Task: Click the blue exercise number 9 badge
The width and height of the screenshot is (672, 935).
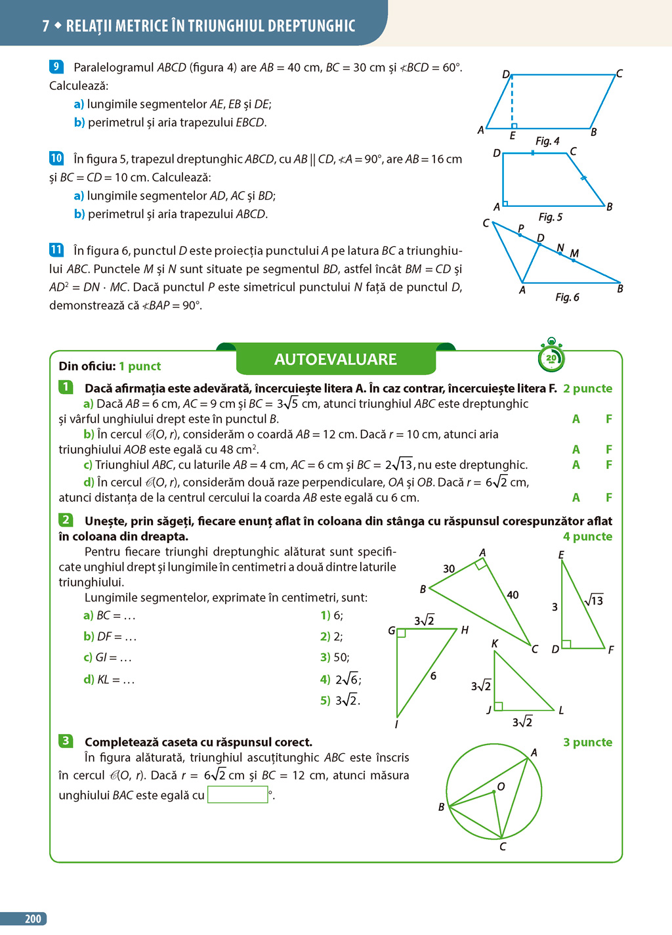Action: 56,66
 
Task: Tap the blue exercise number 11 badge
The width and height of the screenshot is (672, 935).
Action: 56,250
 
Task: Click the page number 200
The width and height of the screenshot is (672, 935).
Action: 33,919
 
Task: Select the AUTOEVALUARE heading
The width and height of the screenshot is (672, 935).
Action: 335,359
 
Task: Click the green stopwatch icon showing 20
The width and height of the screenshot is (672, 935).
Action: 551,357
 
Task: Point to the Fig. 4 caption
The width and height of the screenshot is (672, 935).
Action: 547,141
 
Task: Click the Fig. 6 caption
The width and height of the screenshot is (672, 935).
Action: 567,297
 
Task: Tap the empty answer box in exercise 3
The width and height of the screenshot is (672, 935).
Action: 238,795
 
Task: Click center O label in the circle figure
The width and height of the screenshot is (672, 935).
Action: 501,787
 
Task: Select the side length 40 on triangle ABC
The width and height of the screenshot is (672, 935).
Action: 513,595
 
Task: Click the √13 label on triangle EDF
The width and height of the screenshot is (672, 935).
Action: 594,600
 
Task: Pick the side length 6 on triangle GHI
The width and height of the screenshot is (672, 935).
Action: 433,676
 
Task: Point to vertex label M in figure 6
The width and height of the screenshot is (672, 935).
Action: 574,253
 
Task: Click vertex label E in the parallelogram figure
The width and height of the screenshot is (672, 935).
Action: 513,136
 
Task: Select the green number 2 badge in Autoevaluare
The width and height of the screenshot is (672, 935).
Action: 66,520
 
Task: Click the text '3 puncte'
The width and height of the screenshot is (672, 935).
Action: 587,742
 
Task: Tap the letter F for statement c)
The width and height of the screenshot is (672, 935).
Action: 609,465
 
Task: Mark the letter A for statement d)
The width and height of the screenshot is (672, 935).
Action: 576,497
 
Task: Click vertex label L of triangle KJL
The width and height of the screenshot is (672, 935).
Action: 561,710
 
